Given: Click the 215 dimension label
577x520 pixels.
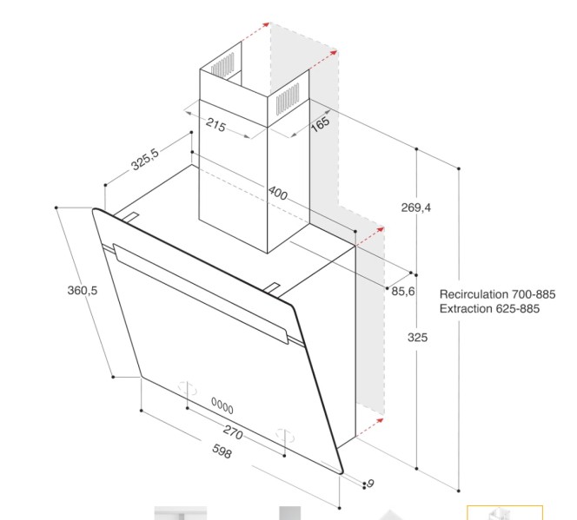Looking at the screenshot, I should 215,126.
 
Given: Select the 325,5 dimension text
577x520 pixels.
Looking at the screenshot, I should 144,161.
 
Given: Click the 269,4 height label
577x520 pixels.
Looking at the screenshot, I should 417,207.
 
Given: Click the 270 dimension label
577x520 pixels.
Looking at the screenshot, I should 232,432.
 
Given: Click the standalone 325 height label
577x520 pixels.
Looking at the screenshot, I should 418,338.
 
